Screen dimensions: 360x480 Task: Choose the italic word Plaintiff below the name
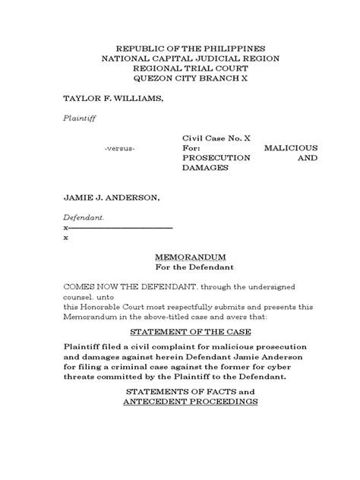click(79, 118)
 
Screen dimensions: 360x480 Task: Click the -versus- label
click(120, 147)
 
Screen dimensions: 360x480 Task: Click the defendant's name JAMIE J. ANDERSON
click(111, 197)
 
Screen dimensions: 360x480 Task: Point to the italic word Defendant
click(84, 217)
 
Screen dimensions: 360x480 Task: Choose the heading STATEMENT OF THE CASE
click(191, 332)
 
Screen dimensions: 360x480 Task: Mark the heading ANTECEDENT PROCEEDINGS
click(191, 402)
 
